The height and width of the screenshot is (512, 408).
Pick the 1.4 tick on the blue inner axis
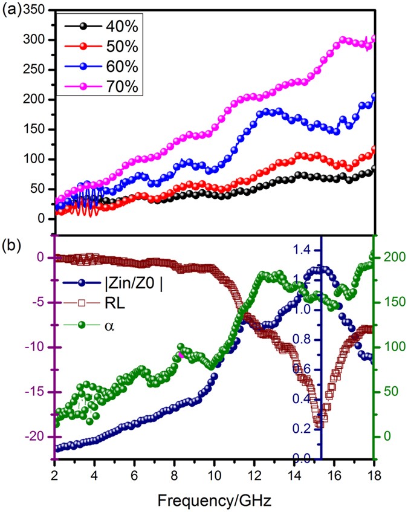coord(304,249)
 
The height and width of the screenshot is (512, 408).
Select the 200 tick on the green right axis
coord(393,258)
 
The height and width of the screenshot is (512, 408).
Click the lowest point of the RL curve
coord(319,424)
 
